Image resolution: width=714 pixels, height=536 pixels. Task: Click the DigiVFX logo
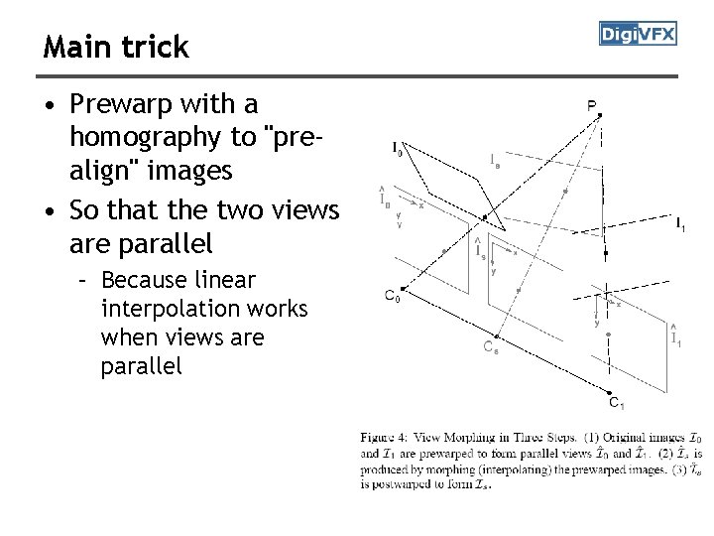coord(638,34)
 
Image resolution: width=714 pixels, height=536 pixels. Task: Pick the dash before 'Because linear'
coord(85,280)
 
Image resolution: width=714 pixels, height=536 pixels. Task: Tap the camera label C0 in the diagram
coord(393,295)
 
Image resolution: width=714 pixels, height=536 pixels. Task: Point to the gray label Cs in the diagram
coord(490,346)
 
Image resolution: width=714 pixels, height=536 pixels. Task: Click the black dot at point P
coord(600,115)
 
